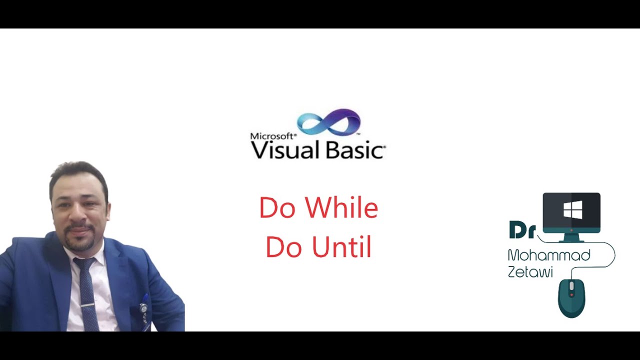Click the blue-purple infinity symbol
coord(328,122)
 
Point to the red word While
coord(341,208)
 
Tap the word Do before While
coord(277,208)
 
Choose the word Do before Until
coord(283,247)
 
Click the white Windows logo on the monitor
coord(572,210)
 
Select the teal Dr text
coord(522,230)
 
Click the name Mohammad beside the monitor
coord(548,255)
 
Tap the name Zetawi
coord(530,272)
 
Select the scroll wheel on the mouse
coord(571,286)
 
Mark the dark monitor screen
coord(571,209)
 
